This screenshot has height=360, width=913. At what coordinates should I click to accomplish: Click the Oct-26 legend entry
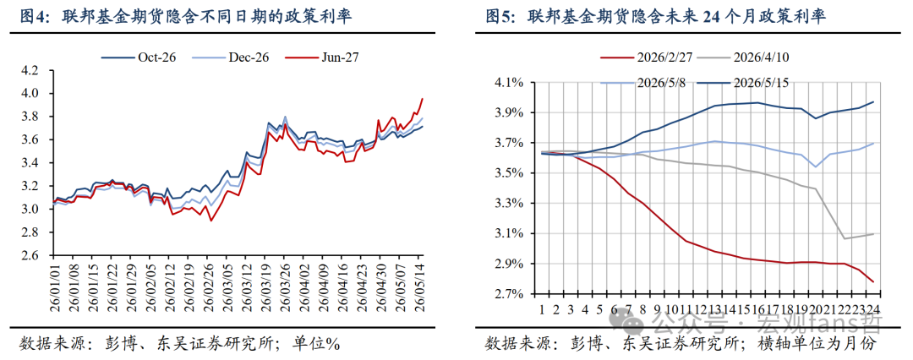(x=139, y=57)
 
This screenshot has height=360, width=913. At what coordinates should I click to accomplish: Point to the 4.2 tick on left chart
(x=30, y=70)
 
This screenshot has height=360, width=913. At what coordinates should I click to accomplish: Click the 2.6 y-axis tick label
(x=30, y=256)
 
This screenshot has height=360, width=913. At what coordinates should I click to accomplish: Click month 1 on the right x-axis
(x=542, y=308)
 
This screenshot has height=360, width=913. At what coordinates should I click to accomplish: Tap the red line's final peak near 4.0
(x=422, y=98)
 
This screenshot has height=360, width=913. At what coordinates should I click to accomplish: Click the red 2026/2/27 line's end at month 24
(x=872, y=282)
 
